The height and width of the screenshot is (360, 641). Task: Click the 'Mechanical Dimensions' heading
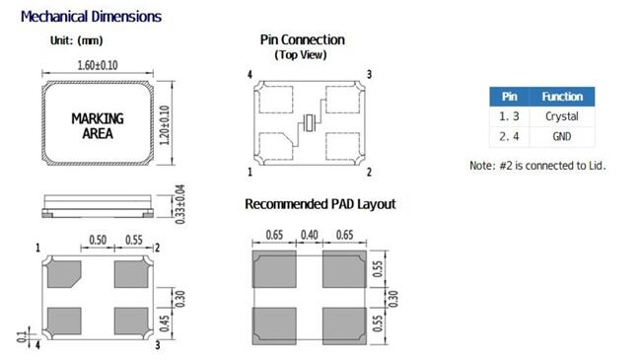tap(91, 17)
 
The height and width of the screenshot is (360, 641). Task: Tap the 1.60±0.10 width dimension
tap(98, 65)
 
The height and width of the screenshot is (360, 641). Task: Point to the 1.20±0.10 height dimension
tap(165, 125)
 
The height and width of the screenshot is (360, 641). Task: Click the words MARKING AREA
tap(98, 126)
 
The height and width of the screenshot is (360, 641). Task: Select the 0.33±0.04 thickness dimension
tap(179, 204)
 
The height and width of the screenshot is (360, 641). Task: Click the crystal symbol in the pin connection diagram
tap(310, 122)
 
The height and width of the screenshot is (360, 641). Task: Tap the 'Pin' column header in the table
tap(510, 97)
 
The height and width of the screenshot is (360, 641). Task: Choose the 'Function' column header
tap(562, 97)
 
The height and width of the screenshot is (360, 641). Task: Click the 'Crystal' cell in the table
tap(562, 116)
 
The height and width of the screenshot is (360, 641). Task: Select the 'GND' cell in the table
tap(562, 136)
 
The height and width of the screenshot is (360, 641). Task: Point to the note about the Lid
tap(537, 166)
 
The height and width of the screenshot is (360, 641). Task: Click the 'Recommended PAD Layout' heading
tap(320, 204)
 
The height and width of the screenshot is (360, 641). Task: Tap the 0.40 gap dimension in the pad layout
tap(310, 235)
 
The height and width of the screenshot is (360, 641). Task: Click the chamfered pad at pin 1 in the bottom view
tap(64, 274)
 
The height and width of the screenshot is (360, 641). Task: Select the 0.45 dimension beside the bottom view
tap(165, 324)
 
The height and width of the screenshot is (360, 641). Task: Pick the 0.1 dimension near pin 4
tap(22, 337)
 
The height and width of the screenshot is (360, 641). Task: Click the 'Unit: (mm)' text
tap(77, 40)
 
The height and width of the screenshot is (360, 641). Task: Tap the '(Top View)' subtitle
tap(301, 55)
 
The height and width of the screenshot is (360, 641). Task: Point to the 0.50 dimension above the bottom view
tap(98, 240)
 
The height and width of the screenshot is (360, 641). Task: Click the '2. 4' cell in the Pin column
tap(510, 136)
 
